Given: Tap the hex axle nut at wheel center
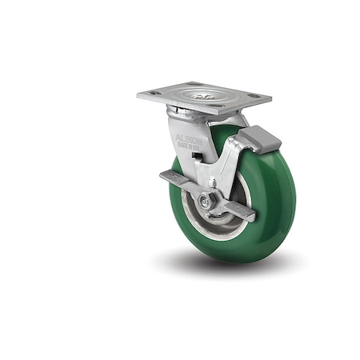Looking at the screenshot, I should tap(206, 202).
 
